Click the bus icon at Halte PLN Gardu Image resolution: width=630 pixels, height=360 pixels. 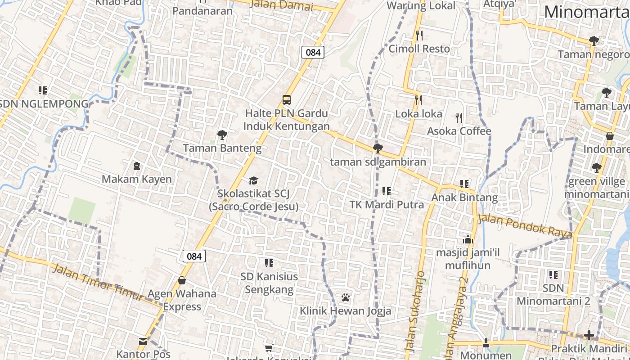(286, 99)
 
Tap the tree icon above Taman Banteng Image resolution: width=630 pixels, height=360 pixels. (222, 135)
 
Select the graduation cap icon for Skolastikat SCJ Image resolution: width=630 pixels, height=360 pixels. (253, 180)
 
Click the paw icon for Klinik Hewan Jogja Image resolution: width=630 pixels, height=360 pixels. (346, 297)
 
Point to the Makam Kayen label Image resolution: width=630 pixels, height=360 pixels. (137, 179)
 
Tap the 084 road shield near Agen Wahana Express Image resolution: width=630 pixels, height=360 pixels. (194, 256)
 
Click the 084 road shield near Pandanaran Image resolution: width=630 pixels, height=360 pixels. (313, 52)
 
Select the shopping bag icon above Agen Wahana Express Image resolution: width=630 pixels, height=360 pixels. (182, 280)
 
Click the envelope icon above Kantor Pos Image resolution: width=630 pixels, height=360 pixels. (143, 342)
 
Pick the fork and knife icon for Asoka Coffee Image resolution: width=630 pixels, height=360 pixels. (459, 118)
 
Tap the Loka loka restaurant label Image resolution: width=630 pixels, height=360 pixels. (419, 113)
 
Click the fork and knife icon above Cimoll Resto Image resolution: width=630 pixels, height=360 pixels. (419, 35)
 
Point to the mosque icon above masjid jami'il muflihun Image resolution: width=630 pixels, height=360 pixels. (468, 239)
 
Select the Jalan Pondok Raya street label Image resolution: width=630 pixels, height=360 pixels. (525, 226)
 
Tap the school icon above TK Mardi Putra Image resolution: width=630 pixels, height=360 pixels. (386, 191)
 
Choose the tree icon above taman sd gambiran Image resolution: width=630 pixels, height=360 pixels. (378, 148)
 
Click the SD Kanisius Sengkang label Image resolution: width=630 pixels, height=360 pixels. (269, 283)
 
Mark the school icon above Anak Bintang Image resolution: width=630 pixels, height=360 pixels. (464, 184)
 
